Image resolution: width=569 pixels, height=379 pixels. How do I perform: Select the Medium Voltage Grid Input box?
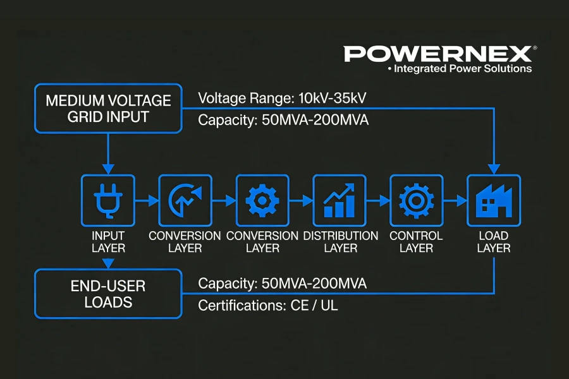[108, 109]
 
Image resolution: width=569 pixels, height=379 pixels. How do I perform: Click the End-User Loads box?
[108, 294]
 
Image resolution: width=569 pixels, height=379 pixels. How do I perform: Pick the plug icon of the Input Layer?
[108, 201]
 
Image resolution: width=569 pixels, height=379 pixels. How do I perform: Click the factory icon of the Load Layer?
[493, 201]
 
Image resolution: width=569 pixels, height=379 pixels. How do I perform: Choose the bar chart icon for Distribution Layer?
[340, 201]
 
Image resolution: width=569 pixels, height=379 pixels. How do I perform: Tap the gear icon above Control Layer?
[416, 201]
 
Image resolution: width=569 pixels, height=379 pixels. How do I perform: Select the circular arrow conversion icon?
[185, 201]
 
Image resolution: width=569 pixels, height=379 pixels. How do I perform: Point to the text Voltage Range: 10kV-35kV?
[282, 99]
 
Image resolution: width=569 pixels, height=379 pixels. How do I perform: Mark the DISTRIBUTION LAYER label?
[340, 242]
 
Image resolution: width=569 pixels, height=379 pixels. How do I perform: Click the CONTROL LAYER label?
[416, 242]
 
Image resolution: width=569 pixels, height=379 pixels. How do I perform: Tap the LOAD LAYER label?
[493, 242]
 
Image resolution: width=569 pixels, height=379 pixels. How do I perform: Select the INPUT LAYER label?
[108, 242]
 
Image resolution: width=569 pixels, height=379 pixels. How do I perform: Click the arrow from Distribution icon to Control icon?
[378, 201]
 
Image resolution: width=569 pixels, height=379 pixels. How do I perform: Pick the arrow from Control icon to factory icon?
[455, 201]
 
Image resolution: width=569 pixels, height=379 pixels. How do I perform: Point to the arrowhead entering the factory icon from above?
[493, 169]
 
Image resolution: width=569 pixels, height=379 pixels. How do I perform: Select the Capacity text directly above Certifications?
[282, 284]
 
